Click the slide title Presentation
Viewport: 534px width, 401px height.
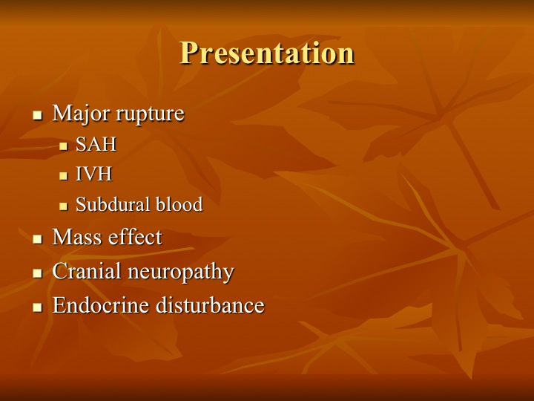pos(267,53)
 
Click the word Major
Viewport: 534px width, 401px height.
pos(80,114)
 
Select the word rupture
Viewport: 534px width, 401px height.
pos(150,114)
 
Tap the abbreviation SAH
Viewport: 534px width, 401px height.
pos(96,144)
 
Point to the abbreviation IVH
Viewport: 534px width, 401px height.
pos(93,175)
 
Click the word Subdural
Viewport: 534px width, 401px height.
pos(113,204)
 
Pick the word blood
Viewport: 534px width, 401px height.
pos(179,204)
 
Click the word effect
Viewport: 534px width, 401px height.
pos(135,236)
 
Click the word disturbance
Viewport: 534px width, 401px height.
pos(210,304)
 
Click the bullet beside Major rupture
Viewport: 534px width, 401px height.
pos(38,115)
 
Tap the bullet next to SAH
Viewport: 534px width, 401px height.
pos(63,146)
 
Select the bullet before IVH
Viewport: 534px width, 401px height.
pos(63,176)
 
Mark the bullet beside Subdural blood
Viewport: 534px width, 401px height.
pos(63,206)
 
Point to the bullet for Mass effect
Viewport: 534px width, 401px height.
pos(38,239)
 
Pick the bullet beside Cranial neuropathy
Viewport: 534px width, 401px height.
pos(38,273)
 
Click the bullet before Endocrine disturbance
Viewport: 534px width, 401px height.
pos(38,307)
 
